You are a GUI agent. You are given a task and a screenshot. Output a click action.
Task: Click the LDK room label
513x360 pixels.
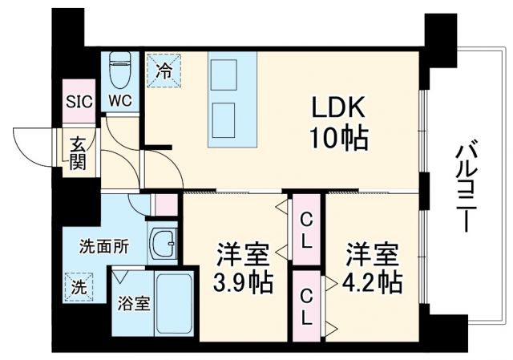coord(339,109)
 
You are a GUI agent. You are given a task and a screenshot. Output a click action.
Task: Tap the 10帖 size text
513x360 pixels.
coord(339,140)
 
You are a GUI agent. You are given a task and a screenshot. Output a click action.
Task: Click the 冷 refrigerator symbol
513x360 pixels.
coord(163,70)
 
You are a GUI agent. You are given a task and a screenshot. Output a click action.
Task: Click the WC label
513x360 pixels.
coord(121,103)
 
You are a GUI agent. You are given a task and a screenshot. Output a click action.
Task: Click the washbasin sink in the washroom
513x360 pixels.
coord(165,244)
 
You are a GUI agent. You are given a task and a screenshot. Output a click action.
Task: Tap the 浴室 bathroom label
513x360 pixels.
coord(130,305)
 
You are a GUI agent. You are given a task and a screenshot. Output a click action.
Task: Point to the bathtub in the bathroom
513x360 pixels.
coord(173,304)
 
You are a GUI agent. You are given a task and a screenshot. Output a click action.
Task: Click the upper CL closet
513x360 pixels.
coord(305,229)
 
